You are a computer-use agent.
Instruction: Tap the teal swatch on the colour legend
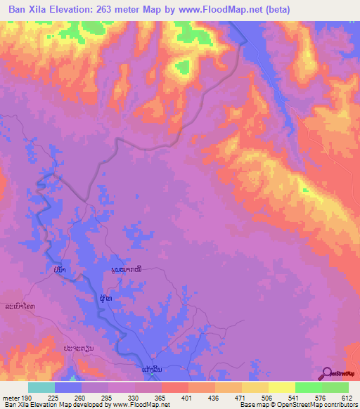click(x=41, y=387)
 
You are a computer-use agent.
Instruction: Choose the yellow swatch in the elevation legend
click(x=282, y=387)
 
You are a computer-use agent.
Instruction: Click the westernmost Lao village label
click(x=20, y=307)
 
